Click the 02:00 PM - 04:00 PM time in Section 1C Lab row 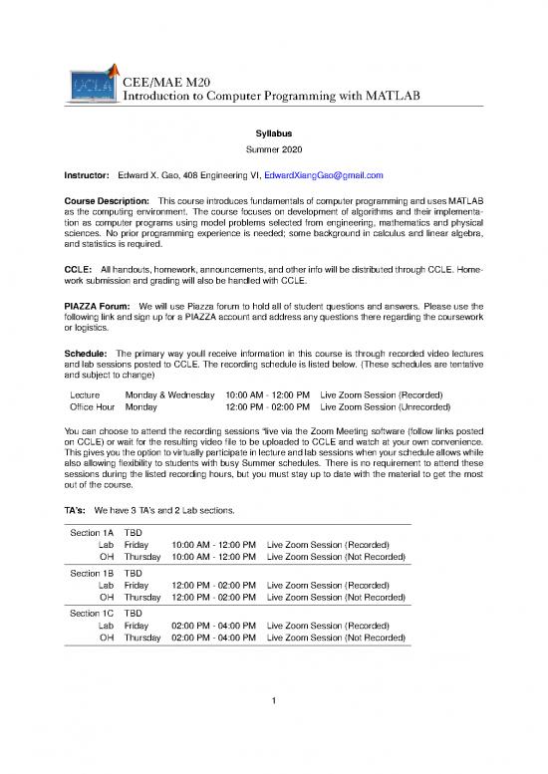click(214, 626)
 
